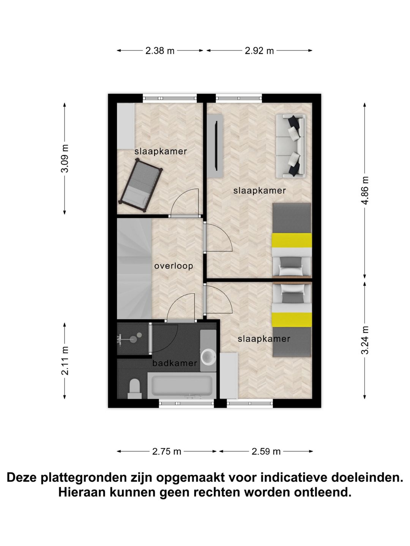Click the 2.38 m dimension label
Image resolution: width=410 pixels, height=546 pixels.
(160, 51)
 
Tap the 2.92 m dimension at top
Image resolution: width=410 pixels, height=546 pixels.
(259, 51)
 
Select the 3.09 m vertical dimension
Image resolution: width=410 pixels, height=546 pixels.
(65, 158)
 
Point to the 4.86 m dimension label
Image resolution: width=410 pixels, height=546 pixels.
(365, 190)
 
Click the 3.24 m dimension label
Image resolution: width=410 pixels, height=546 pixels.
(365, 340)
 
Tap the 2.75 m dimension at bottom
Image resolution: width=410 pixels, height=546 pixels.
(167, 451)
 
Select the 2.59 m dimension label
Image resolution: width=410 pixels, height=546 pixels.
(266, 451)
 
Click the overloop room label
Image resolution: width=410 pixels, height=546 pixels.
(173, 266)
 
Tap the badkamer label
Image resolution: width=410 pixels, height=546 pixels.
(175, 363)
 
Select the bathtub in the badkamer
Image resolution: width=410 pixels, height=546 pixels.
(182, 386)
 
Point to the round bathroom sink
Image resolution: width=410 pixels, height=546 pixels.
(208, 356)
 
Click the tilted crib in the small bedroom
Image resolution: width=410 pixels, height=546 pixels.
(141, 184)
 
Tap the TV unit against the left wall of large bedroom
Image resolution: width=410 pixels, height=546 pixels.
(215, 146)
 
